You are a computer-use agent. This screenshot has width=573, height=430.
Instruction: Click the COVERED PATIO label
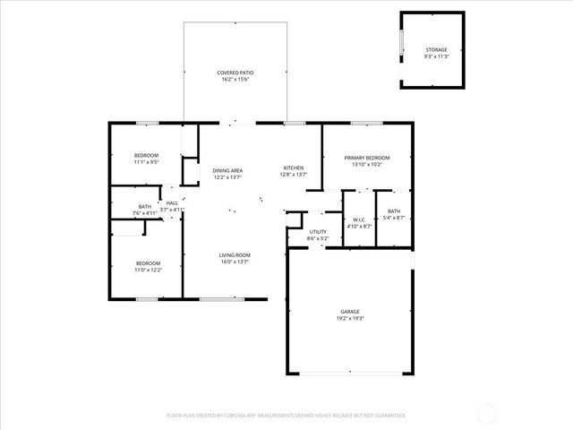pos(234,73)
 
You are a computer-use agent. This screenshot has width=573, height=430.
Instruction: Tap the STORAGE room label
pos(436,50)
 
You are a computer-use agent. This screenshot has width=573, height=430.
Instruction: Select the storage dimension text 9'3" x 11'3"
pos(436,57)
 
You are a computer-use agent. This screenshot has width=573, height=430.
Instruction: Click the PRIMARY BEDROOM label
pos(367,158)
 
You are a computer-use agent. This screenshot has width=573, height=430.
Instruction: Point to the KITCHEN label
pos(294,168)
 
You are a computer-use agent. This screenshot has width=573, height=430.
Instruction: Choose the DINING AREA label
pos(227,170)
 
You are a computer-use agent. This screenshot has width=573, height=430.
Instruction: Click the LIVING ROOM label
pos(235,255)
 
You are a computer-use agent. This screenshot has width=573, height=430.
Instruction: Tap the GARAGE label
pos(350,310)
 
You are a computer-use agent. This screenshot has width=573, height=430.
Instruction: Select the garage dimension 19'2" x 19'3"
pos(350,317)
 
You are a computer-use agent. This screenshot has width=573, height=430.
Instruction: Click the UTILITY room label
pos(318,232)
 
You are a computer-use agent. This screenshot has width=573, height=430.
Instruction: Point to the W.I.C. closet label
pos(357,219)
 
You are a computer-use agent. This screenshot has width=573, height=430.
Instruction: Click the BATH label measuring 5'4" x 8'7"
pos(394,211)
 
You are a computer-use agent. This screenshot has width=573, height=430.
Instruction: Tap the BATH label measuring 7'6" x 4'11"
pos(144,206)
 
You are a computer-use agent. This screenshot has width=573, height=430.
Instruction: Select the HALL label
pos(172,202)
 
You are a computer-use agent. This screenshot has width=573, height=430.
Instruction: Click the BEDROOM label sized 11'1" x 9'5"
pos(146,156)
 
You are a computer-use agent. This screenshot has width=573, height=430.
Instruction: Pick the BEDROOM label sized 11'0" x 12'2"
pos(148,262)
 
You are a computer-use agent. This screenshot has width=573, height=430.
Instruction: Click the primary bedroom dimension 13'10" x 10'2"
pos(367,165)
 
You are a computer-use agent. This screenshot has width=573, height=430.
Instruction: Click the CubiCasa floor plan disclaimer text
pos(286,415)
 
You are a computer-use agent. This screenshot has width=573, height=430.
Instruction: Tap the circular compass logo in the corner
pos(488,413)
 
